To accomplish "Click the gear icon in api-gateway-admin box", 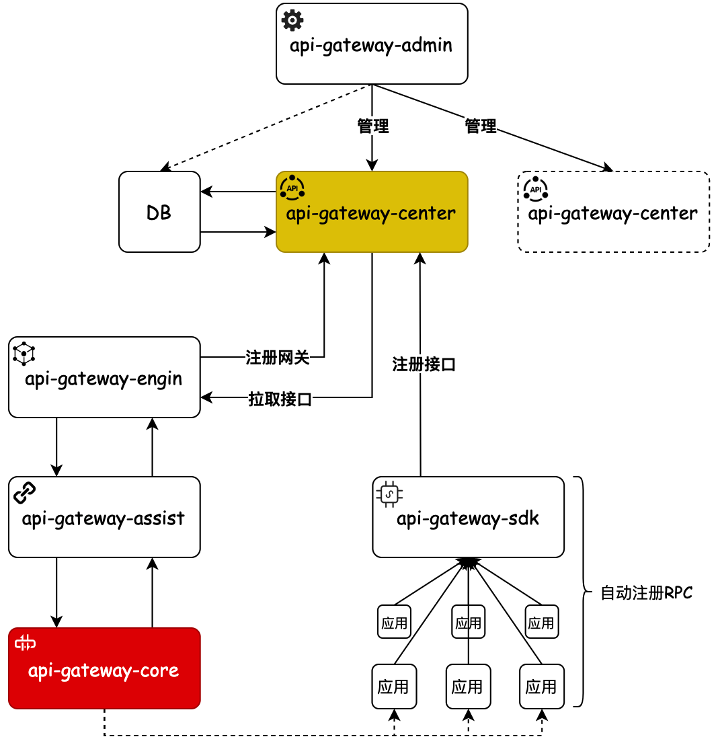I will point(292,20).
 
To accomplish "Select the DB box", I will point(159,212).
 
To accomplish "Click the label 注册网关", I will point(278,357).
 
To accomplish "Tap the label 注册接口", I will point(424,365).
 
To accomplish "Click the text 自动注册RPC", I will point(646,594).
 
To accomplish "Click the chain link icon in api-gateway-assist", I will point(24,493).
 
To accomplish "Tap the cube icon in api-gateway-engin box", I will point(24,353).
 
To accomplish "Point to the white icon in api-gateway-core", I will point(26,643).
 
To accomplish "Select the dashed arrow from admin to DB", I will point(266,127).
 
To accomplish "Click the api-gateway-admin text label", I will point(371,46).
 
